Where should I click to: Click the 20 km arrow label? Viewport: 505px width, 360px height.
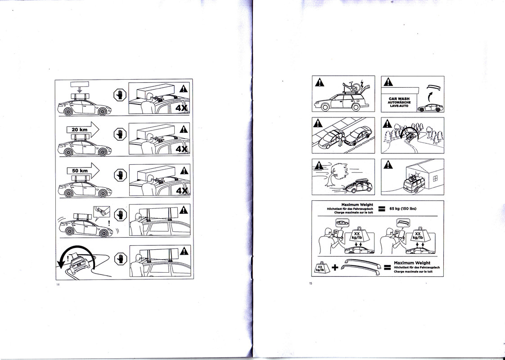pos(79,130)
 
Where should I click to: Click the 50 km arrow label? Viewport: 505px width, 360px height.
pos(80,171)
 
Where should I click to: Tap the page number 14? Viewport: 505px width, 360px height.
pos(58,284)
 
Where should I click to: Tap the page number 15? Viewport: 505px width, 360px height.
pos(311,283)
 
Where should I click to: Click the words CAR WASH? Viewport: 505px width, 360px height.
pos(399,99)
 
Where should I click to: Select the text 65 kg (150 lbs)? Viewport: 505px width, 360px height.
pos(403,208)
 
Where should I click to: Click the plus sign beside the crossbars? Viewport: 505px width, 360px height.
pos(335,267)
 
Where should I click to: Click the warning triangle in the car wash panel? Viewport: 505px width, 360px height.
pos(388,82)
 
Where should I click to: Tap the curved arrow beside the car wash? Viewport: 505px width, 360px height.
pos(420,96)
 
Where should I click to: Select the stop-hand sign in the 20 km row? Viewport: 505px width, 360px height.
pos(120,134)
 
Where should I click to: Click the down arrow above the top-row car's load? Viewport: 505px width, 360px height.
pos(80,91)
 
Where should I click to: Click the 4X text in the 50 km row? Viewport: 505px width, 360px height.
pos(182,191)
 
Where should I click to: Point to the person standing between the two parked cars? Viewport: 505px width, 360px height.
pos(340,139)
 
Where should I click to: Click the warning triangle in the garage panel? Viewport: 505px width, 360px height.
pos(388,165)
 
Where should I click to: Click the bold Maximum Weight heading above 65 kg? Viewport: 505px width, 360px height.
pos(357,205)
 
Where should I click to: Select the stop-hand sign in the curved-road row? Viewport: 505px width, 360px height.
pos(121,259)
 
